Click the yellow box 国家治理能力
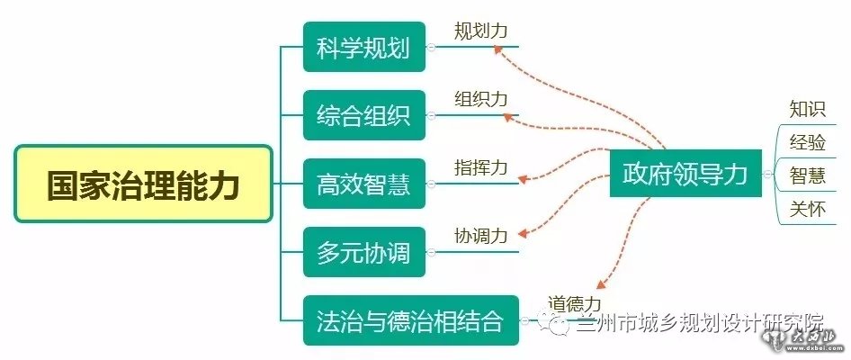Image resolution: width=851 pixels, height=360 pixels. (143, 184)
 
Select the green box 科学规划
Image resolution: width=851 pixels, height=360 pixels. (363, 47)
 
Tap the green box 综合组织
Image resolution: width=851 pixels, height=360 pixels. (363, 115)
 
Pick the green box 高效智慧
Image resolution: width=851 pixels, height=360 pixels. (363, 184)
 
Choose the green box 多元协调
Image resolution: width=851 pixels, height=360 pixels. (363, 252)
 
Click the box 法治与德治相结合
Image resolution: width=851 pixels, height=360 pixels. (410, 320)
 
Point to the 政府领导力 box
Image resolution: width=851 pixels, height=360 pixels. (685, 174)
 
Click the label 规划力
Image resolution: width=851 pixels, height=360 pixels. (480, 31)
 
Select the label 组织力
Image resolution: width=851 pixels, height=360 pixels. (480, 99)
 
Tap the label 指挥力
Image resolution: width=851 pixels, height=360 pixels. (480, 167)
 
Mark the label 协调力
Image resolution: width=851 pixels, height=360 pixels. (480, 236)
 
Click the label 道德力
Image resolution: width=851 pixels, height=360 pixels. (574, 304)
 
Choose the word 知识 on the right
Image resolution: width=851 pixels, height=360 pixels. (807, 109)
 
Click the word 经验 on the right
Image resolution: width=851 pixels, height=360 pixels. (807, 142)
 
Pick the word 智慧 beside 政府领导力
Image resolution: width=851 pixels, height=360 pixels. (807, 175)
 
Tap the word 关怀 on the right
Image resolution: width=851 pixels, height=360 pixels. (807, 209)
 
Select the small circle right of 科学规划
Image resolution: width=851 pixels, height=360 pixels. (432, 48)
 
